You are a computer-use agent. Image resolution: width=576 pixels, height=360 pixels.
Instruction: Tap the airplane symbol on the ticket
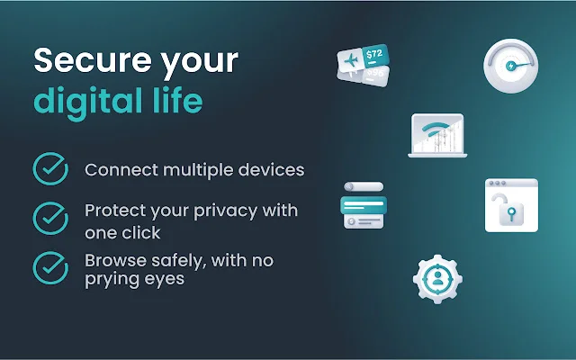pyautogui.click(x=348, y=62)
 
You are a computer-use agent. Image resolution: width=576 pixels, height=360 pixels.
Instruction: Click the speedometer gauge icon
pyautogui.click(x=510, y=66)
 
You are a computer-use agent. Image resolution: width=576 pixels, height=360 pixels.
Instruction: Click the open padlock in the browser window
pyautogui.click(x=510, y=213)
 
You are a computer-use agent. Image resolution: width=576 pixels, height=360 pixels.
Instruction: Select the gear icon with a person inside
pyautogui.click(x=437, y=277)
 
